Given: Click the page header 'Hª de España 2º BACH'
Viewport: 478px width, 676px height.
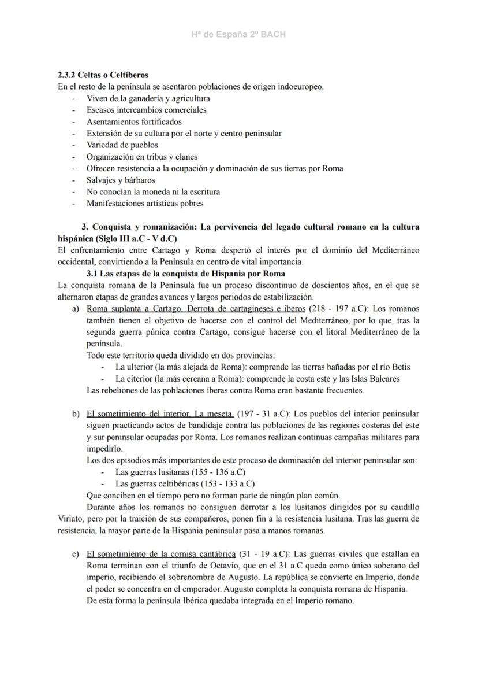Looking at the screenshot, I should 238,35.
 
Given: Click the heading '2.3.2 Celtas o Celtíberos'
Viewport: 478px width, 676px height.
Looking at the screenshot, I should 103,75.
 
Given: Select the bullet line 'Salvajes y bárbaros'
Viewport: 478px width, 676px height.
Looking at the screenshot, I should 121,180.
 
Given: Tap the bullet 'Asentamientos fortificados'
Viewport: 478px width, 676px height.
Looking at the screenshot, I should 134,122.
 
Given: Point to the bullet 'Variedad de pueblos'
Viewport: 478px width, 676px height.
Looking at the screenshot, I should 122,145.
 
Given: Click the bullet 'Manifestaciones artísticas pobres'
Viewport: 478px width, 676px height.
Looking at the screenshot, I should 145,204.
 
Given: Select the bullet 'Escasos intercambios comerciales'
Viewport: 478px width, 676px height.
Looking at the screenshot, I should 146,110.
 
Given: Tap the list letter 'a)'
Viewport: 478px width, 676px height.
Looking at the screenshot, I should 76,309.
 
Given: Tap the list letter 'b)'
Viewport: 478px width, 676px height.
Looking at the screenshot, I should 76,414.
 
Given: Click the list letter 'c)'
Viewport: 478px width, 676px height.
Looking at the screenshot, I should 76,555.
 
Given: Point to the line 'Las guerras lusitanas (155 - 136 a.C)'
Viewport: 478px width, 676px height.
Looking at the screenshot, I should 181,472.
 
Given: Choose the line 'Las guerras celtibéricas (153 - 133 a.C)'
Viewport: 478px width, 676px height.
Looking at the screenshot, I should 185,484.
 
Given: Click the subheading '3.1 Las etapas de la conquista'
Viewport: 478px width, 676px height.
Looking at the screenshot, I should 185,274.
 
